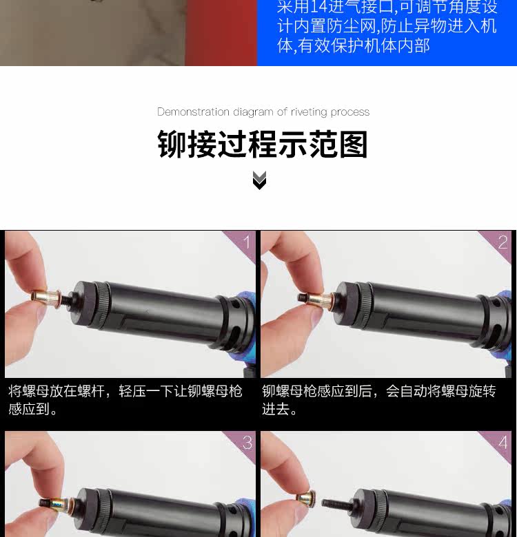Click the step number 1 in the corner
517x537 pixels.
[247, 242]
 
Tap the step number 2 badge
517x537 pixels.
[503, 242]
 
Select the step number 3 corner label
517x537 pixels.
[247, 443]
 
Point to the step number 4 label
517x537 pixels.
[503, 443]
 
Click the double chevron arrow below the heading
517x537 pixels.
[259, 180]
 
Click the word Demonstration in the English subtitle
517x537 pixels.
[194, 112]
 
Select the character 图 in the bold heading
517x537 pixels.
[354, 144]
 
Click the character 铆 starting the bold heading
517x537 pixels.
[172, 144]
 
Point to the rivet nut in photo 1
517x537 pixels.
[45, 295]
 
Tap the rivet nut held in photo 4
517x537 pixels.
[307, 498]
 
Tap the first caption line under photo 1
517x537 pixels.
[125, 391]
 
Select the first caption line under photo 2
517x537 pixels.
[379, 391]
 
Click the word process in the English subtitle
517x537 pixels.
[350, 113]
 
